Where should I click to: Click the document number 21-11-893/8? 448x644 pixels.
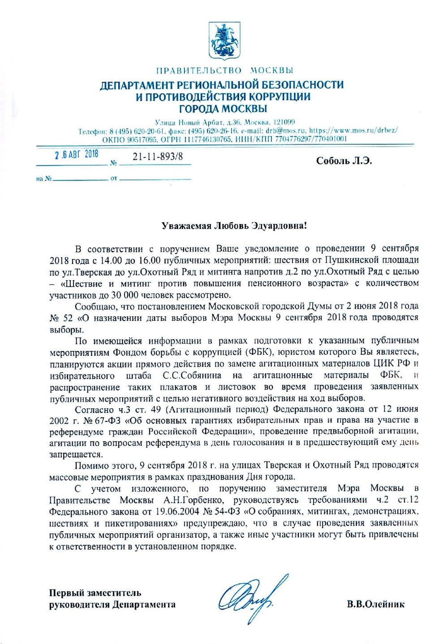click(x=158, y=156)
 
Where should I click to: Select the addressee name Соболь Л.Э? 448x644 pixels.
click(x=344, y=161)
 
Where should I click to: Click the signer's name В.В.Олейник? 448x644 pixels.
click(x=375, y=604)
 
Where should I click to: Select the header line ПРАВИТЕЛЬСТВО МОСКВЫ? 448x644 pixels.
click(x=224, y=70)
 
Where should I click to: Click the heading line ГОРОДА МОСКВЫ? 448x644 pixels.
click(x=223, y=109)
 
